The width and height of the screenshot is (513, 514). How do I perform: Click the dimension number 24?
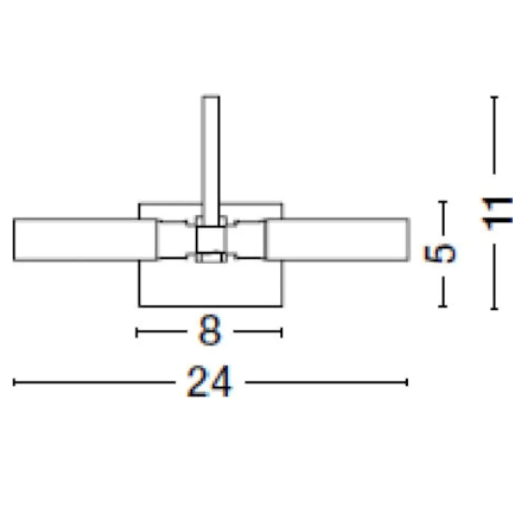(209, 382)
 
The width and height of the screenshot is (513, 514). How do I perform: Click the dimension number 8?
(209, 330)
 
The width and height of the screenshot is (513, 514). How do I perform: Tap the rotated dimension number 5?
(439, 254)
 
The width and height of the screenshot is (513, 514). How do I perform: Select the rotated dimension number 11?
(497, 214)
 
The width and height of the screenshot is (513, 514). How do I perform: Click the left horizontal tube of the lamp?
(85, 240)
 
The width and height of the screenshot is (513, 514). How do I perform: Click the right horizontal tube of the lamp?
(337, 240)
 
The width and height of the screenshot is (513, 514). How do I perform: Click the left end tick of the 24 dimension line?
(14, 382)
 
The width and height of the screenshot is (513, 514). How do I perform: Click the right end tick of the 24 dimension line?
(407, 382)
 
